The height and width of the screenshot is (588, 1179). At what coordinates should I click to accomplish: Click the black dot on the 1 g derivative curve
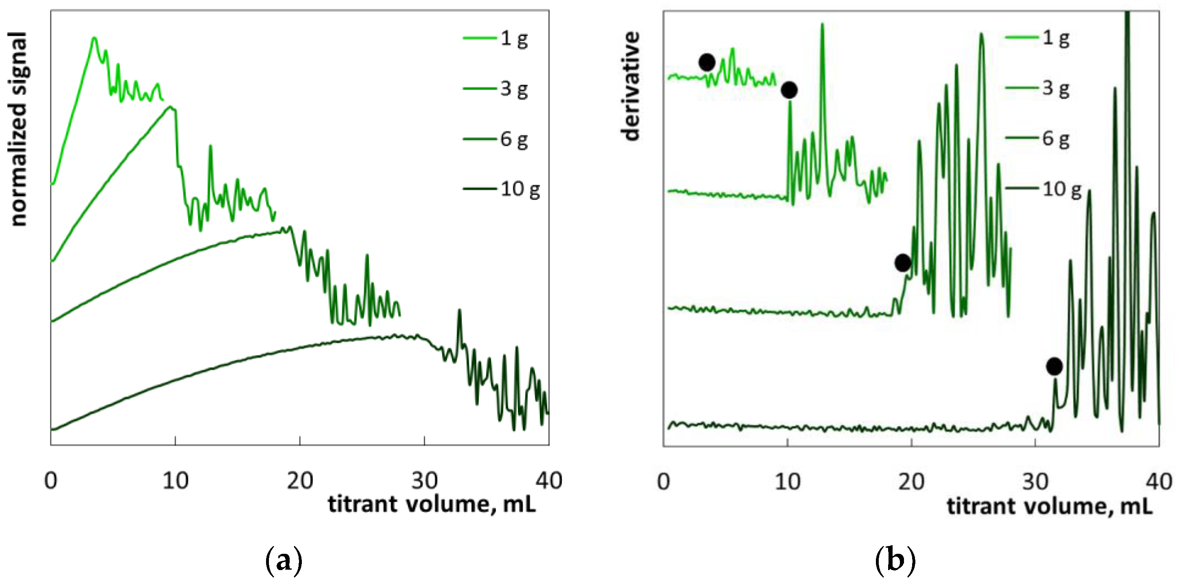coord(707,62)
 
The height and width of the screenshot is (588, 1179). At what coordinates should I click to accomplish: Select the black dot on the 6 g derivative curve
coord(902,263)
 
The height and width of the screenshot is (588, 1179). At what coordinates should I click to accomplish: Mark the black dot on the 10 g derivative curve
coord(1054,366)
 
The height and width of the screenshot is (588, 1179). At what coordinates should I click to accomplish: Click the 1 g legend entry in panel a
coord(497,38)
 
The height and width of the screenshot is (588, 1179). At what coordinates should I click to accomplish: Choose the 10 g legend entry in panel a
coord(502,189)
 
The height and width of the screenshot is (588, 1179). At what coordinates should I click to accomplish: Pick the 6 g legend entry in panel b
coord(1038,138)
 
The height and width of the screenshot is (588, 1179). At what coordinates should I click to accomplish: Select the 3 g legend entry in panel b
coord(1038,88)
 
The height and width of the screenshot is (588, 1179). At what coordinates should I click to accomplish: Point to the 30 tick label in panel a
coord(424,481)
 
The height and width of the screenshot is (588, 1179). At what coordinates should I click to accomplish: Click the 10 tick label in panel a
coord(175,481)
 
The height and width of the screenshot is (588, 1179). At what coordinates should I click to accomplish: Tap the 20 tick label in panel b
coord(911,482)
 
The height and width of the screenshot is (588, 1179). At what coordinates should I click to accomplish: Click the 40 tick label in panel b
coord(1158,482)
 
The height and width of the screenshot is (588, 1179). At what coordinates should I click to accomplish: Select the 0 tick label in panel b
coord(664,482)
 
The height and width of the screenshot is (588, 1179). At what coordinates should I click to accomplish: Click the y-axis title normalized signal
coord(18,129)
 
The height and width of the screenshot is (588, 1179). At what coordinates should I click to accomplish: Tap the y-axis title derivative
coord(631,86)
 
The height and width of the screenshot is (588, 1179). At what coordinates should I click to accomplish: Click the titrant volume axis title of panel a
coord(432,505)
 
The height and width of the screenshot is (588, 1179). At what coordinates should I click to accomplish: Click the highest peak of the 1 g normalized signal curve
coord(94,38)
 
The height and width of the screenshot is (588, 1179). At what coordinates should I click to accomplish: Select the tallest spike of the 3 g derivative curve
coord(823,24)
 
